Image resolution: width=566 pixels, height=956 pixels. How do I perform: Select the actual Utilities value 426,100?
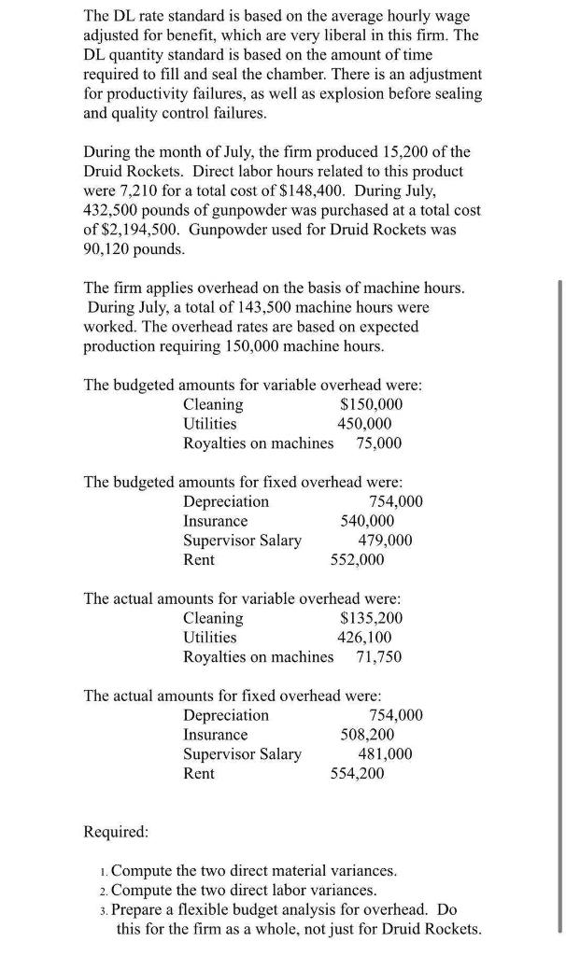(x=364, y=637)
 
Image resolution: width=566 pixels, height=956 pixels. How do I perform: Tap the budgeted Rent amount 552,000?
(x=357, y=559)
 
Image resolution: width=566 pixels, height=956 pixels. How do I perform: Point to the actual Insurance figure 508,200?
(x=367, y=735)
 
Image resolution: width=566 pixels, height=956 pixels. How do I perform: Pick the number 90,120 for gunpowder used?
(x=113, y=250)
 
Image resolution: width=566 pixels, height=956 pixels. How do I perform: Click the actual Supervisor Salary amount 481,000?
(x=385, y=754)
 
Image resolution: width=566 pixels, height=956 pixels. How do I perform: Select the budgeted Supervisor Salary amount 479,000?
(x=385, y=541)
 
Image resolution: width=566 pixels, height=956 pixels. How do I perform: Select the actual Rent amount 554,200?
(x=357, y=773)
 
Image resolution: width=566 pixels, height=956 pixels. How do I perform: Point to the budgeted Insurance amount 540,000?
(x=367, y=521)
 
